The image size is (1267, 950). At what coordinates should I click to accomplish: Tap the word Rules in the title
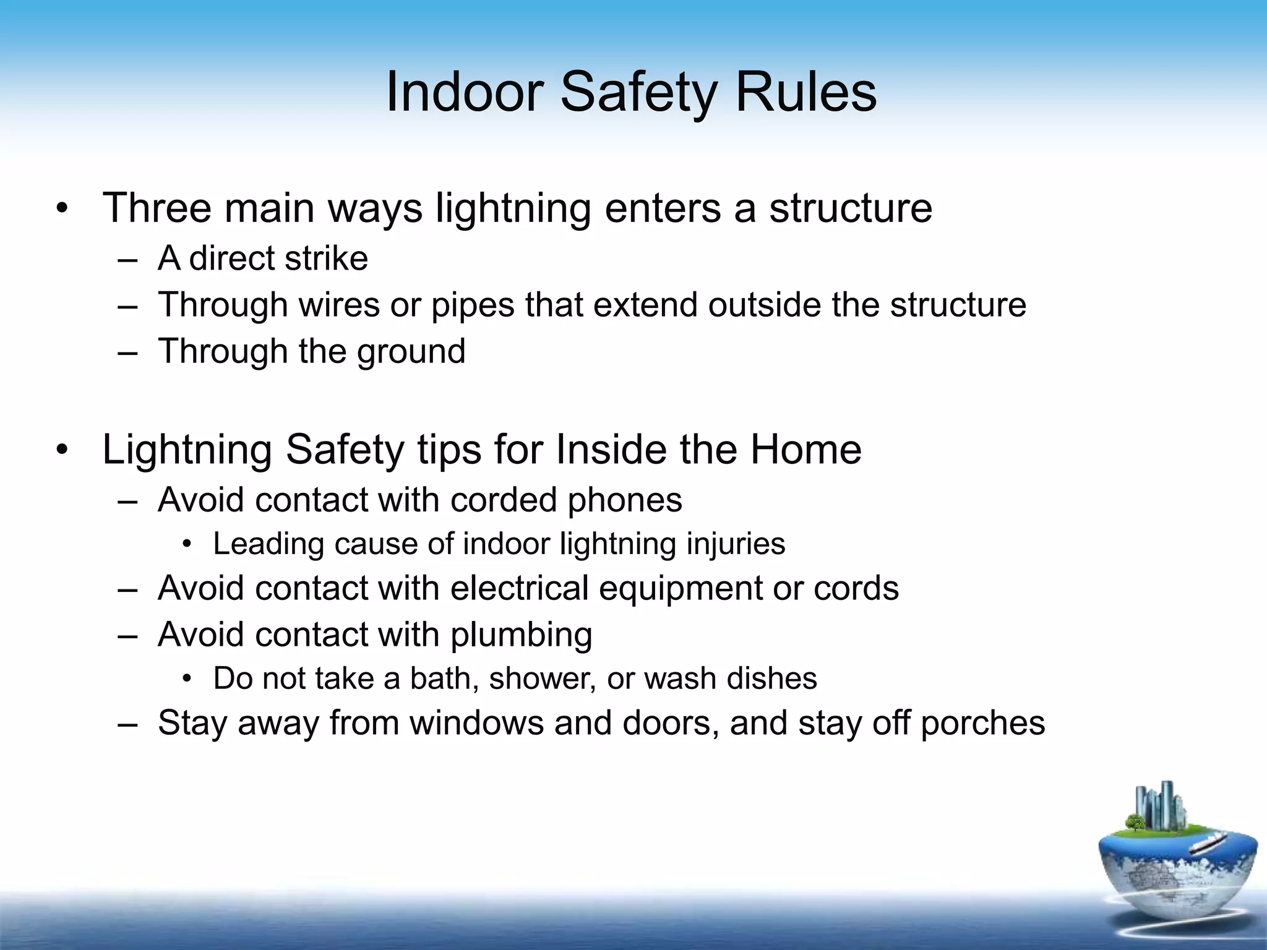pos(805,93)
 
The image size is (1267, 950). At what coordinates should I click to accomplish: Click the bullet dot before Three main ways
pos(61,209)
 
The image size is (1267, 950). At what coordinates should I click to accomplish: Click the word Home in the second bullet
pos(805,450)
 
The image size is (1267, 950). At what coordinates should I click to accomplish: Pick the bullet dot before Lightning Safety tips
pos(61,450)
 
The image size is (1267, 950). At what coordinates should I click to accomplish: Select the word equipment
pos(681,589)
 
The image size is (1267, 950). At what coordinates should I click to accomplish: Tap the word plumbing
pos(521,636)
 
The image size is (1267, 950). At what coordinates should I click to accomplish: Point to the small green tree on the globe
pos(1135,822)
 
